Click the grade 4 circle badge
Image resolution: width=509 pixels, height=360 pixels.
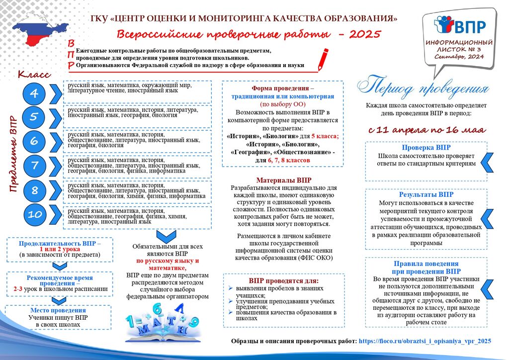coord(33,93)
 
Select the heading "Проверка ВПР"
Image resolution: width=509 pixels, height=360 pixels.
coord(426,148)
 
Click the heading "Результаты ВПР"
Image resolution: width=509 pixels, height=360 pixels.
coord(426,194)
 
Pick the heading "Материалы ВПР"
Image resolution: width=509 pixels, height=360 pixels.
coord(284,180)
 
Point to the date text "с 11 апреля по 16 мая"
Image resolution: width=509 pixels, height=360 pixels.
coord(426,130)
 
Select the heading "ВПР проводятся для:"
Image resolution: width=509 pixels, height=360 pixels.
coord(283,280)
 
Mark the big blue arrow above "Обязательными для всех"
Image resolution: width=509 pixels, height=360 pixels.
coord(168,235)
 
